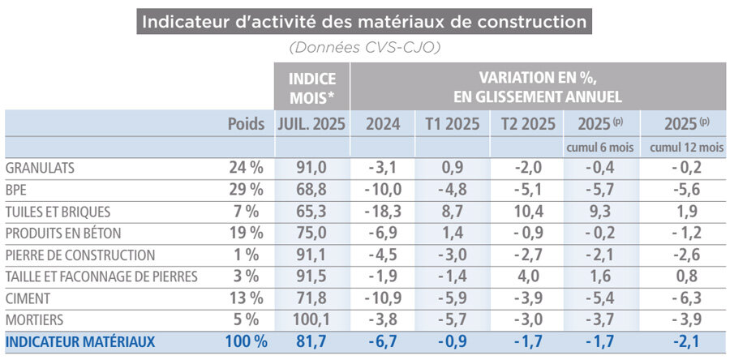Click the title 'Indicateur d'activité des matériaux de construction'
tap(364, 20)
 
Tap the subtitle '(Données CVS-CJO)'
tap(364, 48)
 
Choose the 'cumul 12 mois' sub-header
tap(686, 147)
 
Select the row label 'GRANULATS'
tap(40, 168)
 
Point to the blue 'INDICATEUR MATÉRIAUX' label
tap(79, 342)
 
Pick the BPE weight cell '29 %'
tap(247, 190)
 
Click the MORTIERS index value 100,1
tap(311, 320)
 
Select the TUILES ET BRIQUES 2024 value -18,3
tap(382, 212)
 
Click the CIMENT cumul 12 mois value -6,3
tap(686, 298)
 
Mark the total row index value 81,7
tap(311, 342)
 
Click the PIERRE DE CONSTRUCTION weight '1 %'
tap(250, 255)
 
